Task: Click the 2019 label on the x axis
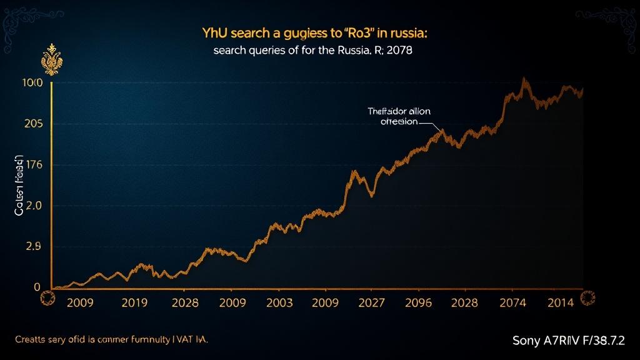(x=134, y=303)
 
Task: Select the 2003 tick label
(x=279, y=303)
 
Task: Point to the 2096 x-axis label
(x=418, y=303)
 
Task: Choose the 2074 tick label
(x=513, y=303)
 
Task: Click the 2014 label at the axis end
(x=561, y=303)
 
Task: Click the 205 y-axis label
(x=33, y=124)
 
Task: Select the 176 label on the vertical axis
(x=33, y=166)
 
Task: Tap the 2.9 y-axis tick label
(x=33, y=246)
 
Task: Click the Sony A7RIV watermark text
(x=568, y=341)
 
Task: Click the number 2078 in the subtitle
(x=399, y=51)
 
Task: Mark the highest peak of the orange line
(x=523, y=79)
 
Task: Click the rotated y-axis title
(x=19, y=186)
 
